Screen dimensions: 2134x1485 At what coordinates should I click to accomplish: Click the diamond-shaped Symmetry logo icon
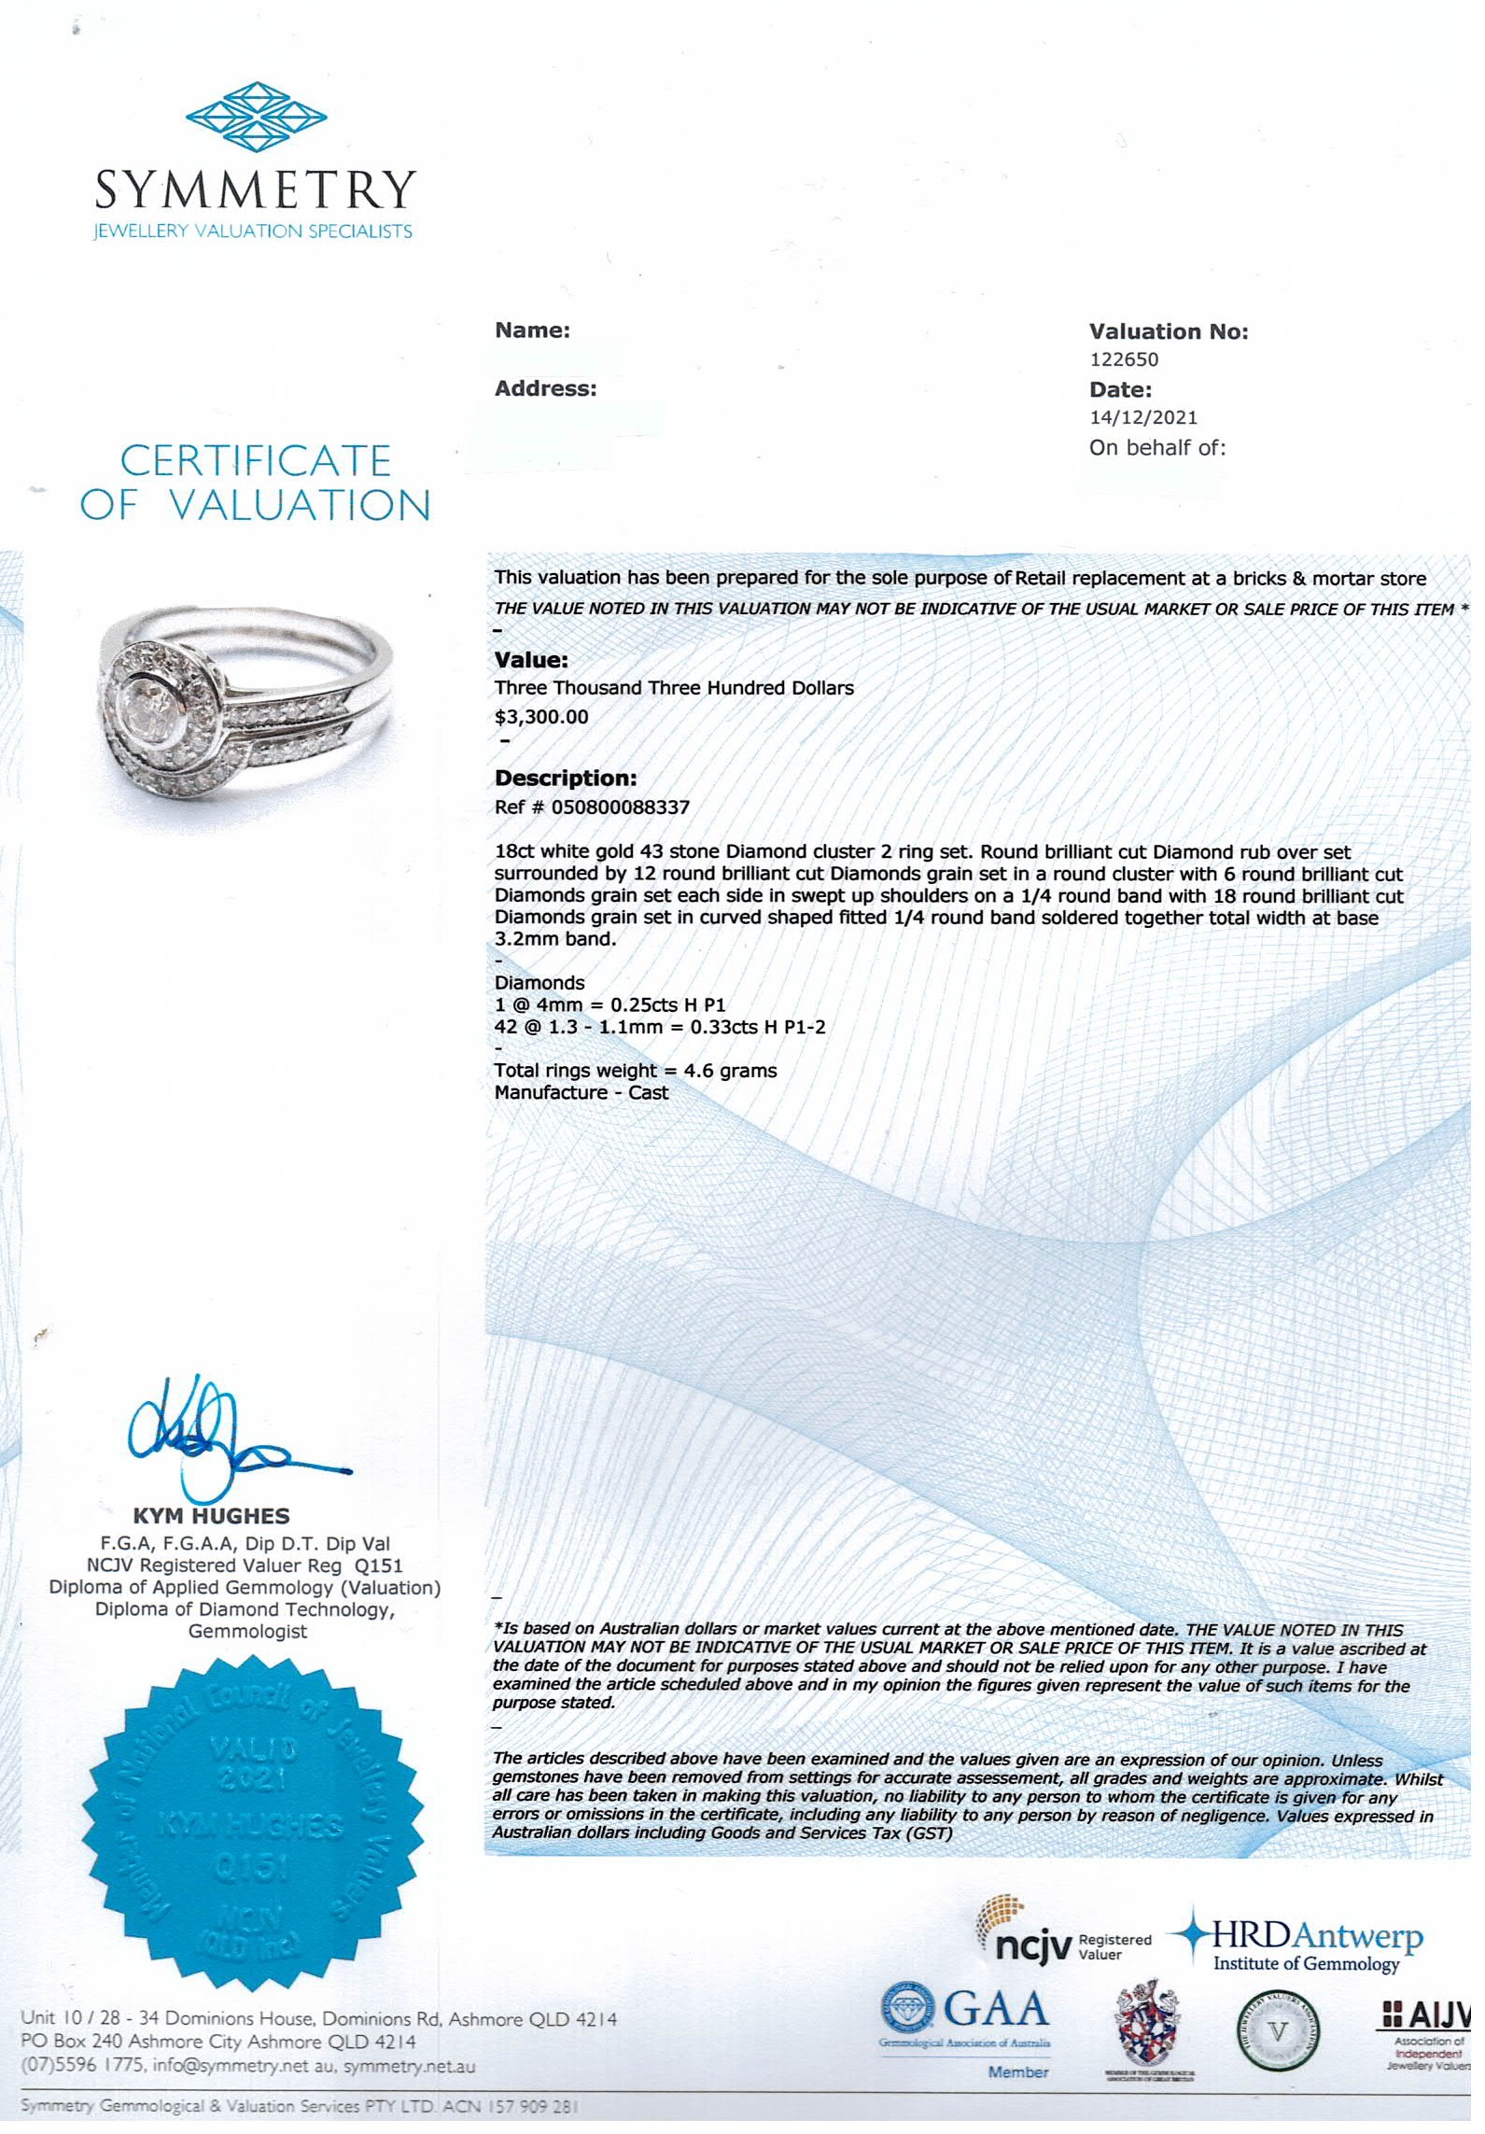[256, 117]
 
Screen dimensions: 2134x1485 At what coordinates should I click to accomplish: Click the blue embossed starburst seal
[256, 1820]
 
